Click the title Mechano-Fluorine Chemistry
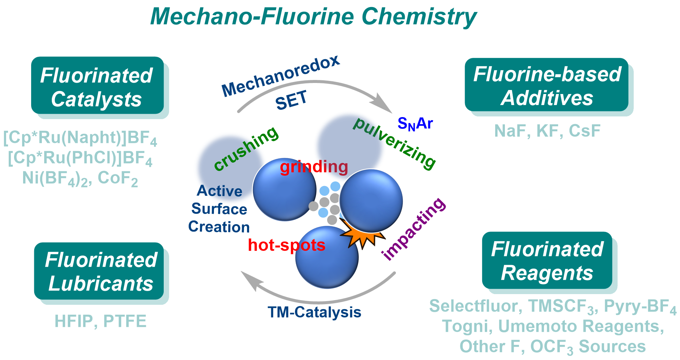pos(313,17)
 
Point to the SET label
pos(291,100)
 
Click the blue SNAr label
pos(415,124)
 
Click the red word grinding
pos(314,167)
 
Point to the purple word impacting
pos(414,229)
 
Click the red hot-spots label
pos(286,245)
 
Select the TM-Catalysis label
pos(314,312)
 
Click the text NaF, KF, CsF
pos(547,131)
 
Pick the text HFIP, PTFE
pos(100,321)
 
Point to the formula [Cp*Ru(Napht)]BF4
pos(80,138)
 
